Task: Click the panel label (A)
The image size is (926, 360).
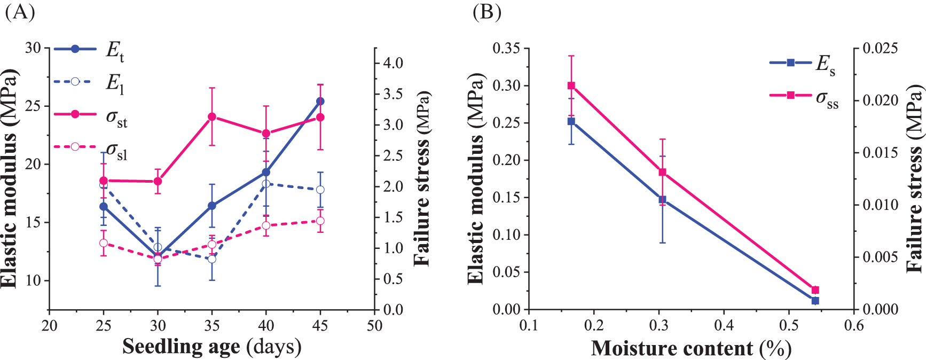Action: pyautogui.click(x=20, y=12)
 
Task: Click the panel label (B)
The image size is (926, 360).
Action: pyautogui.click(x=486, y=12)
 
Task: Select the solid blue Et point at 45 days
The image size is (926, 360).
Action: pyautogui.click(x=320, y=101)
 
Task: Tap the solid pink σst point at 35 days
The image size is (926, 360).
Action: pyautogui.click(x=212, y=116)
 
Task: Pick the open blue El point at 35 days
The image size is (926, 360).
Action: pyautogui.click(x=212, y=259)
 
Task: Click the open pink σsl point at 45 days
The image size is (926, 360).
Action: pyautogui.click(x=320, y=221)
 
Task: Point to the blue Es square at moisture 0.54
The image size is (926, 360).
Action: pyautogui.click(x=815, y=301)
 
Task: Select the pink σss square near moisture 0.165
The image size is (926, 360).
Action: pyautogui.click(x=571, y=85)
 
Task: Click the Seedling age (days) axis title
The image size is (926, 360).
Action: pyautogui.click(x=212, y=347)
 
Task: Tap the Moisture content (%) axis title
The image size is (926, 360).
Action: pyautogui.click(x=691, y=348)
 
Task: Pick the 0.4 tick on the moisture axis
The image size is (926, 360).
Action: pyautogui.click(x=724, y=325)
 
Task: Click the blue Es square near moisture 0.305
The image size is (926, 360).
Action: pyautogui.click(x=662, y=199)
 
